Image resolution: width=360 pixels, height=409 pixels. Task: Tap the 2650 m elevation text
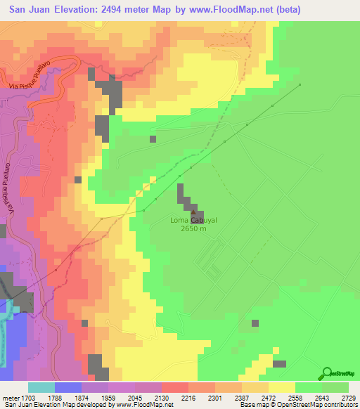[194, 228]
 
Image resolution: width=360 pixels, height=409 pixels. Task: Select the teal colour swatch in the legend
[41, 387]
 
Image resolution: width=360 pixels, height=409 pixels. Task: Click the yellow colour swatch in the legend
[282, 387]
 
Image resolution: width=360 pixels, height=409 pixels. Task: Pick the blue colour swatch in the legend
[68, 387]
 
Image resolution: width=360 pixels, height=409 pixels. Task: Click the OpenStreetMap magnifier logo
[327, 374]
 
